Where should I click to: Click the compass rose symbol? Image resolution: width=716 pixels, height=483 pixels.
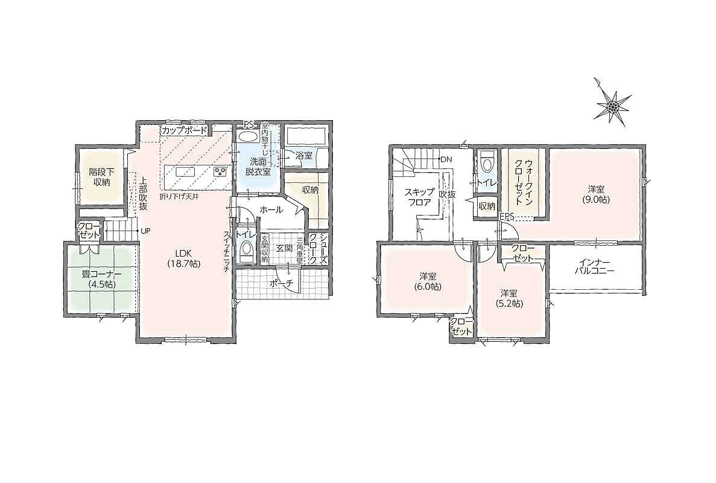612,106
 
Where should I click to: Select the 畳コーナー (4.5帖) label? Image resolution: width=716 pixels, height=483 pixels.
101,279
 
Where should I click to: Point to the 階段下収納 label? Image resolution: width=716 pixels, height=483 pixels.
101,178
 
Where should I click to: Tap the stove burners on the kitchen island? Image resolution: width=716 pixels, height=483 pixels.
220,172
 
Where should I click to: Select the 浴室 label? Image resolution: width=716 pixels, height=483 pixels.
303,155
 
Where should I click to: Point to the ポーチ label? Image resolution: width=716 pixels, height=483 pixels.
281,283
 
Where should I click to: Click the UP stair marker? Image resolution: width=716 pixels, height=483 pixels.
145,231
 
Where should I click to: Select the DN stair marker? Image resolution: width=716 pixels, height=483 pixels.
446,159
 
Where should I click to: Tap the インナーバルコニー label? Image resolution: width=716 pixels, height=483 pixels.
595,267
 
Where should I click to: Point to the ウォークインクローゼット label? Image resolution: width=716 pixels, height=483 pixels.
524,184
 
